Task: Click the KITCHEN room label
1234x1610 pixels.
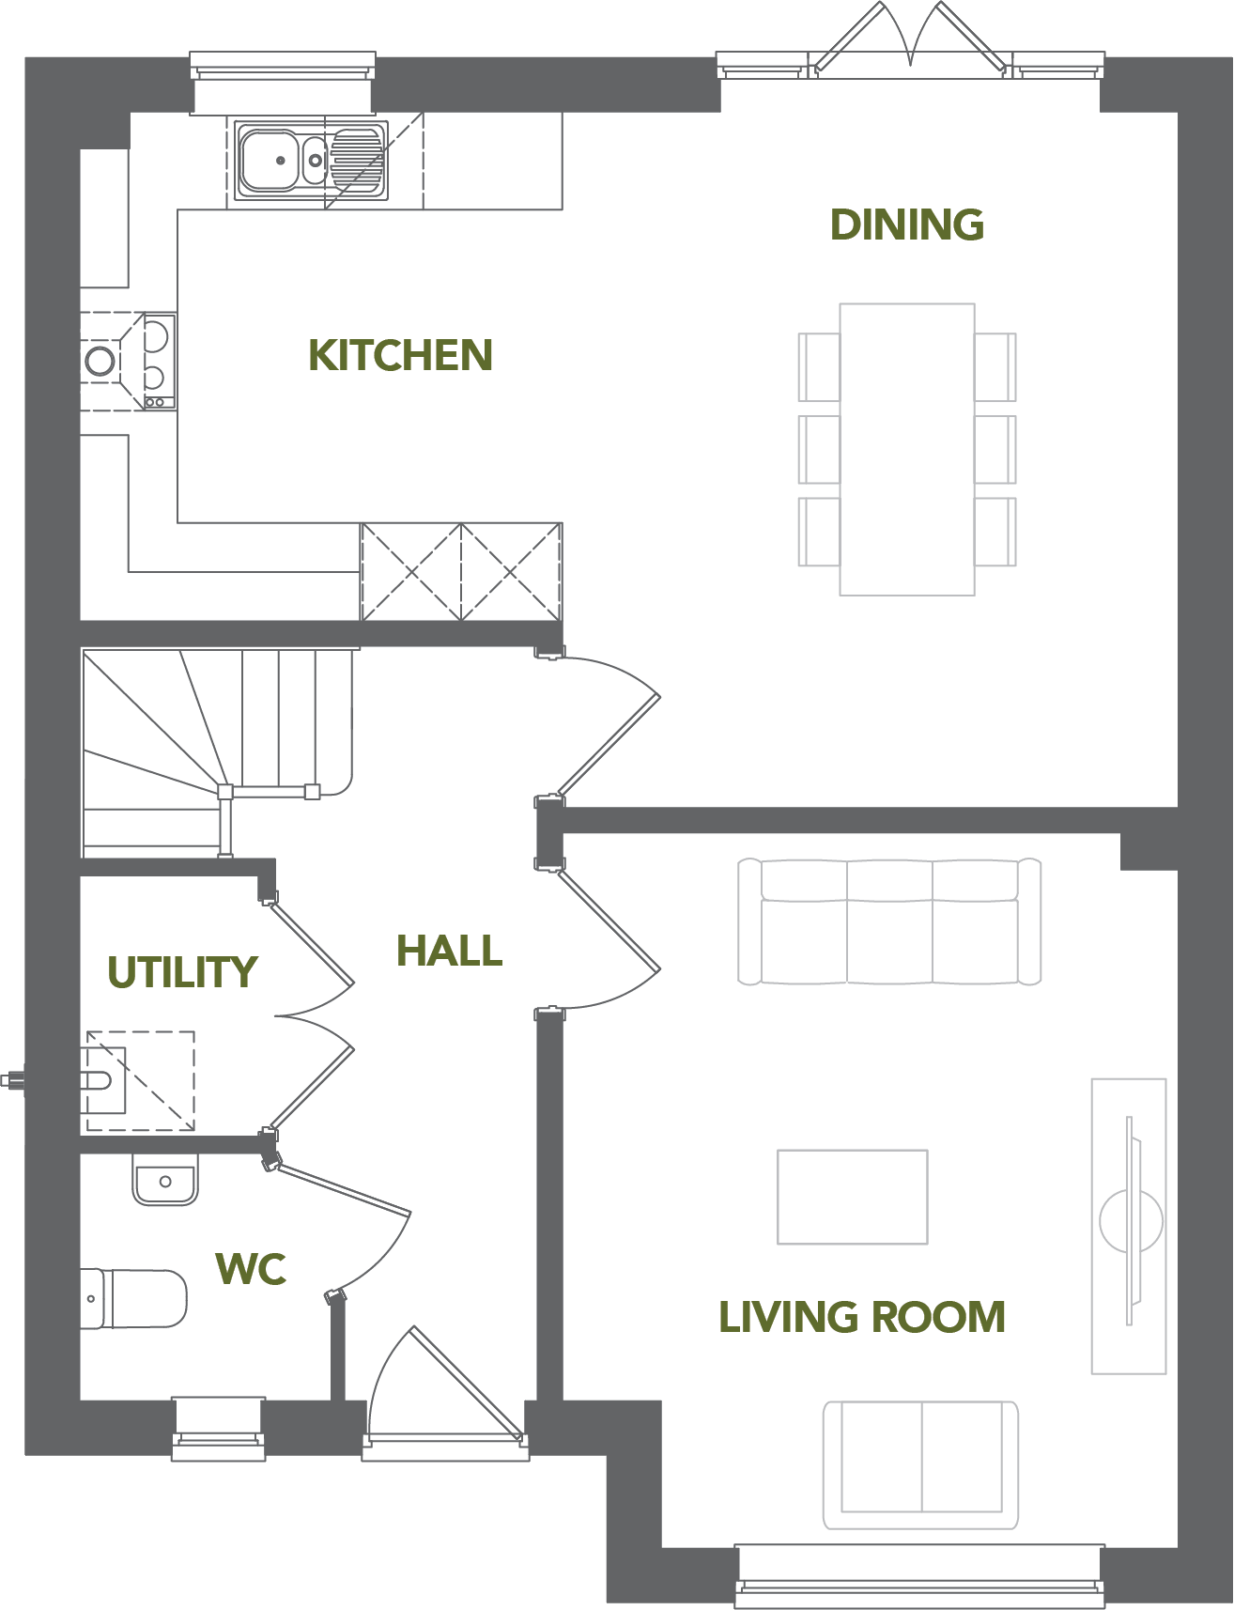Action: (401, 355)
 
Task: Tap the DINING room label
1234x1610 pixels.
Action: (907, 224)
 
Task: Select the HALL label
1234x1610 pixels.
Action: (449, 951)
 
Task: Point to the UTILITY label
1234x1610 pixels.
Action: (182, 972)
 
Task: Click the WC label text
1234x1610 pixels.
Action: (251, 1269)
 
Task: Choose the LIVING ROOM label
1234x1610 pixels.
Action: (862, 1317)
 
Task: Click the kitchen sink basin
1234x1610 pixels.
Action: (270, 161)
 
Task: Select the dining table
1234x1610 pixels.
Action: (907, 449)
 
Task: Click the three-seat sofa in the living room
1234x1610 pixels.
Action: (889, 921)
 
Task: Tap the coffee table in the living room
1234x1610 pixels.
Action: (853, 1197)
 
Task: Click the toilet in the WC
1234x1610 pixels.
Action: (133, 1298)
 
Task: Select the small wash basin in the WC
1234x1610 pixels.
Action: (165, 1180)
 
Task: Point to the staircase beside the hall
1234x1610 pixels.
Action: (218, 751)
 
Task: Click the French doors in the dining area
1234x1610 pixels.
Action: (910, 38)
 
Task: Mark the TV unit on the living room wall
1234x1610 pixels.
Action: (1129, 1225)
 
